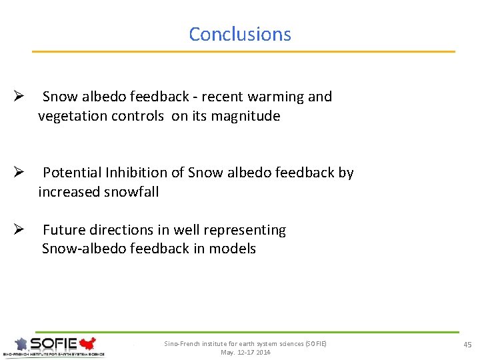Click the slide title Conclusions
[240, 34]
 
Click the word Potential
[72, 173]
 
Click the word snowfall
[132, 192]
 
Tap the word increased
[69, 192]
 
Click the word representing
[245, 230]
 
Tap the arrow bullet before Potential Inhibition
[19, 173]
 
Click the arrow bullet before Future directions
[19, 230]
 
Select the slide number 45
[467, 344]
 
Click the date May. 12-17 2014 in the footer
[245, 352]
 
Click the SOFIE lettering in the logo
[54, 344]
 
